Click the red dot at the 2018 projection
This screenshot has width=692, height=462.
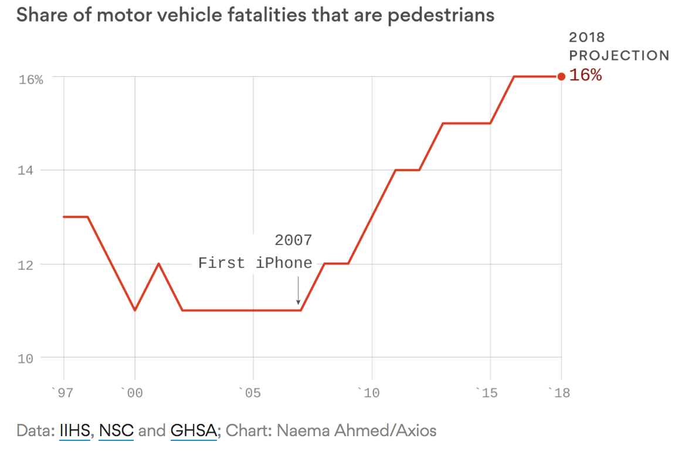[x=561, y=76]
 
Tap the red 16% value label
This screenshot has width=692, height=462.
[x=585, y=75]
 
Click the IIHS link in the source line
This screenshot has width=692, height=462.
[x=74, y=431]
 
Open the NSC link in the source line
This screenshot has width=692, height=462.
[x=116, y=431]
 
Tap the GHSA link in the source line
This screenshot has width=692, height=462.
[x=194, y=431]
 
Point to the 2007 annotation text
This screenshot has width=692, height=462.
[x=293, y=240]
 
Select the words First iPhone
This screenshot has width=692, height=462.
[x=255, y=263]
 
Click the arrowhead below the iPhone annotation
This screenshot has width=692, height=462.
[x=298, y=301]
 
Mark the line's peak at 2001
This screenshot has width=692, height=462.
[x=158, y=264]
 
